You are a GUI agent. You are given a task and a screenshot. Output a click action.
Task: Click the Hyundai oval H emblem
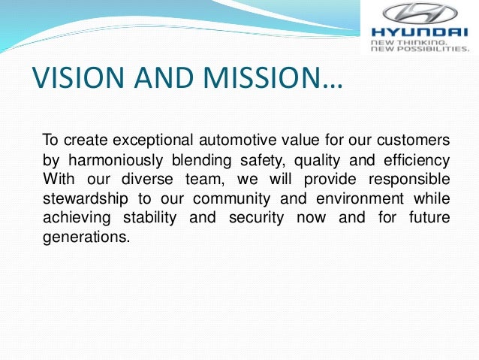coord(420,14)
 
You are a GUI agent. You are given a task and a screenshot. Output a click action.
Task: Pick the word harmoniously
coord(116,160)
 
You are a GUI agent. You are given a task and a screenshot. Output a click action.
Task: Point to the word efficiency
coord(415,160)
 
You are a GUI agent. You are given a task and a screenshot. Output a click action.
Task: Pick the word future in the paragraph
coord(429,219)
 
